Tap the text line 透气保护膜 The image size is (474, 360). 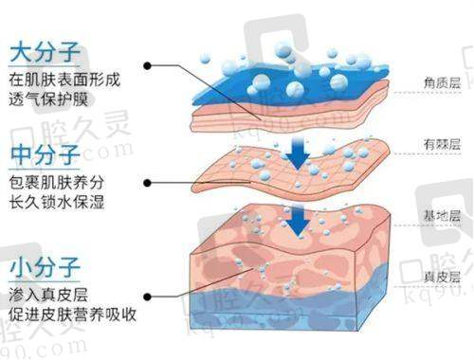pyautogui.click(x=49, y=95)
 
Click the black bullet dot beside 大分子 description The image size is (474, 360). pyautogui.click(x=149, y=66)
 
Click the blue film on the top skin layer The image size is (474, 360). pyautogui.click(x=284, y=76)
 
